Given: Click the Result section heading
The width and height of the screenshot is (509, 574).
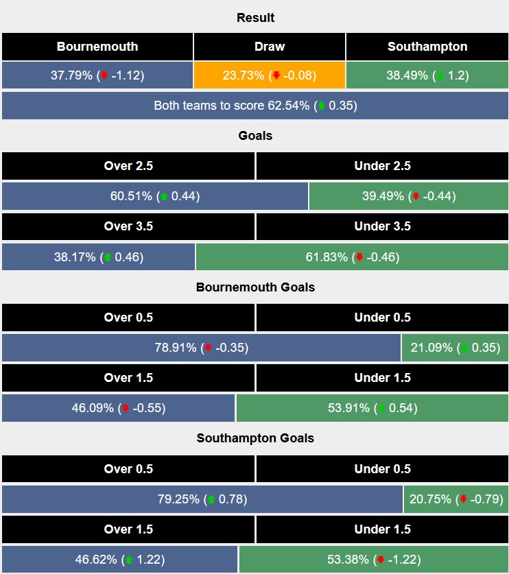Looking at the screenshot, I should pos(254,18).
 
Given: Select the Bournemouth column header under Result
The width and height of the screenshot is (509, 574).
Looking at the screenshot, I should pos(97,47).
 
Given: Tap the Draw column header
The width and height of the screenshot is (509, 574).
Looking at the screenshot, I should pos(269,47).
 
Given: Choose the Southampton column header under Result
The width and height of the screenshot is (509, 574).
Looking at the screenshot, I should pos(427,47).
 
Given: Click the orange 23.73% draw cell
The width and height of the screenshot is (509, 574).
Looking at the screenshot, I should pos(269,75).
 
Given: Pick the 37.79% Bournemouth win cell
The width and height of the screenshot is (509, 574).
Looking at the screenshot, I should pos(97,75).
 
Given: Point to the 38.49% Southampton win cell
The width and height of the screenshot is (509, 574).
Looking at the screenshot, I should pos(427,75).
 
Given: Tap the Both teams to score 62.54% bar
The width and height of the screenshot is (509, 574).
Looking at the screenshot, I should pos(254,106).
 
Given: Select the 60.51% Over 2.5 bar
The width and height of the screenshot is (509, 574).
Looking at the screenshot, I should pos(155,196).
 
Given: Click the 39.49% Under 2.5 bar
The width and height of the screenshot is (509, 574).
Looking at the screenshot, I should pos(408,196).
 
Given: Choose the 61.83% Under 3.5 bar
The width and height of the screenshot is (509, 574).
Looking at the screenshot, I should pos(352,257).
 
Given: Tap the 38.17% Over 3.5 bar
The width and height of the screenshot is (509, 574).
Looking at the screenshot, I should pos(98,257).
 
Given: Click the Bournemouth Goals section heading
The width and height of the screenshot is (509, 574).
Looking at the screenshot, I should pos(254,287).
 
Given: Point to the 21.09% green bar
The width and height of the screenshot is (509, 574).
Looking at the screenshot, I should pos(455,348).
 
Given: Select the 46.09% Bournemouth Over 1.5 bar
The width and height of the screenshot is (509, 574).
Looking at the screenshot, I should pos(119,408).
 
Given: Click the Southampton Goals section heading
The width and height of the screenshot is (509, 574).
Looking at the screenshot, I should pos(254,438).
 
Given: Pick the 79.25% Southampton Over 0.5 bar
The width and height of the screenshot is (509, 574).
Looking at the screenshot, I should pos(202,499).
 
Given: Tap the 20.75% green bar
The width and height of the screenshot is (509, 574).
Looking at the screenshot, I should pos(456,499).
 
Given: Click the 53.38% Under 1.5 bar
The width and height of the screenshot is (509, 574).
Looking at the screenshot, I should pos(373,560).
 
